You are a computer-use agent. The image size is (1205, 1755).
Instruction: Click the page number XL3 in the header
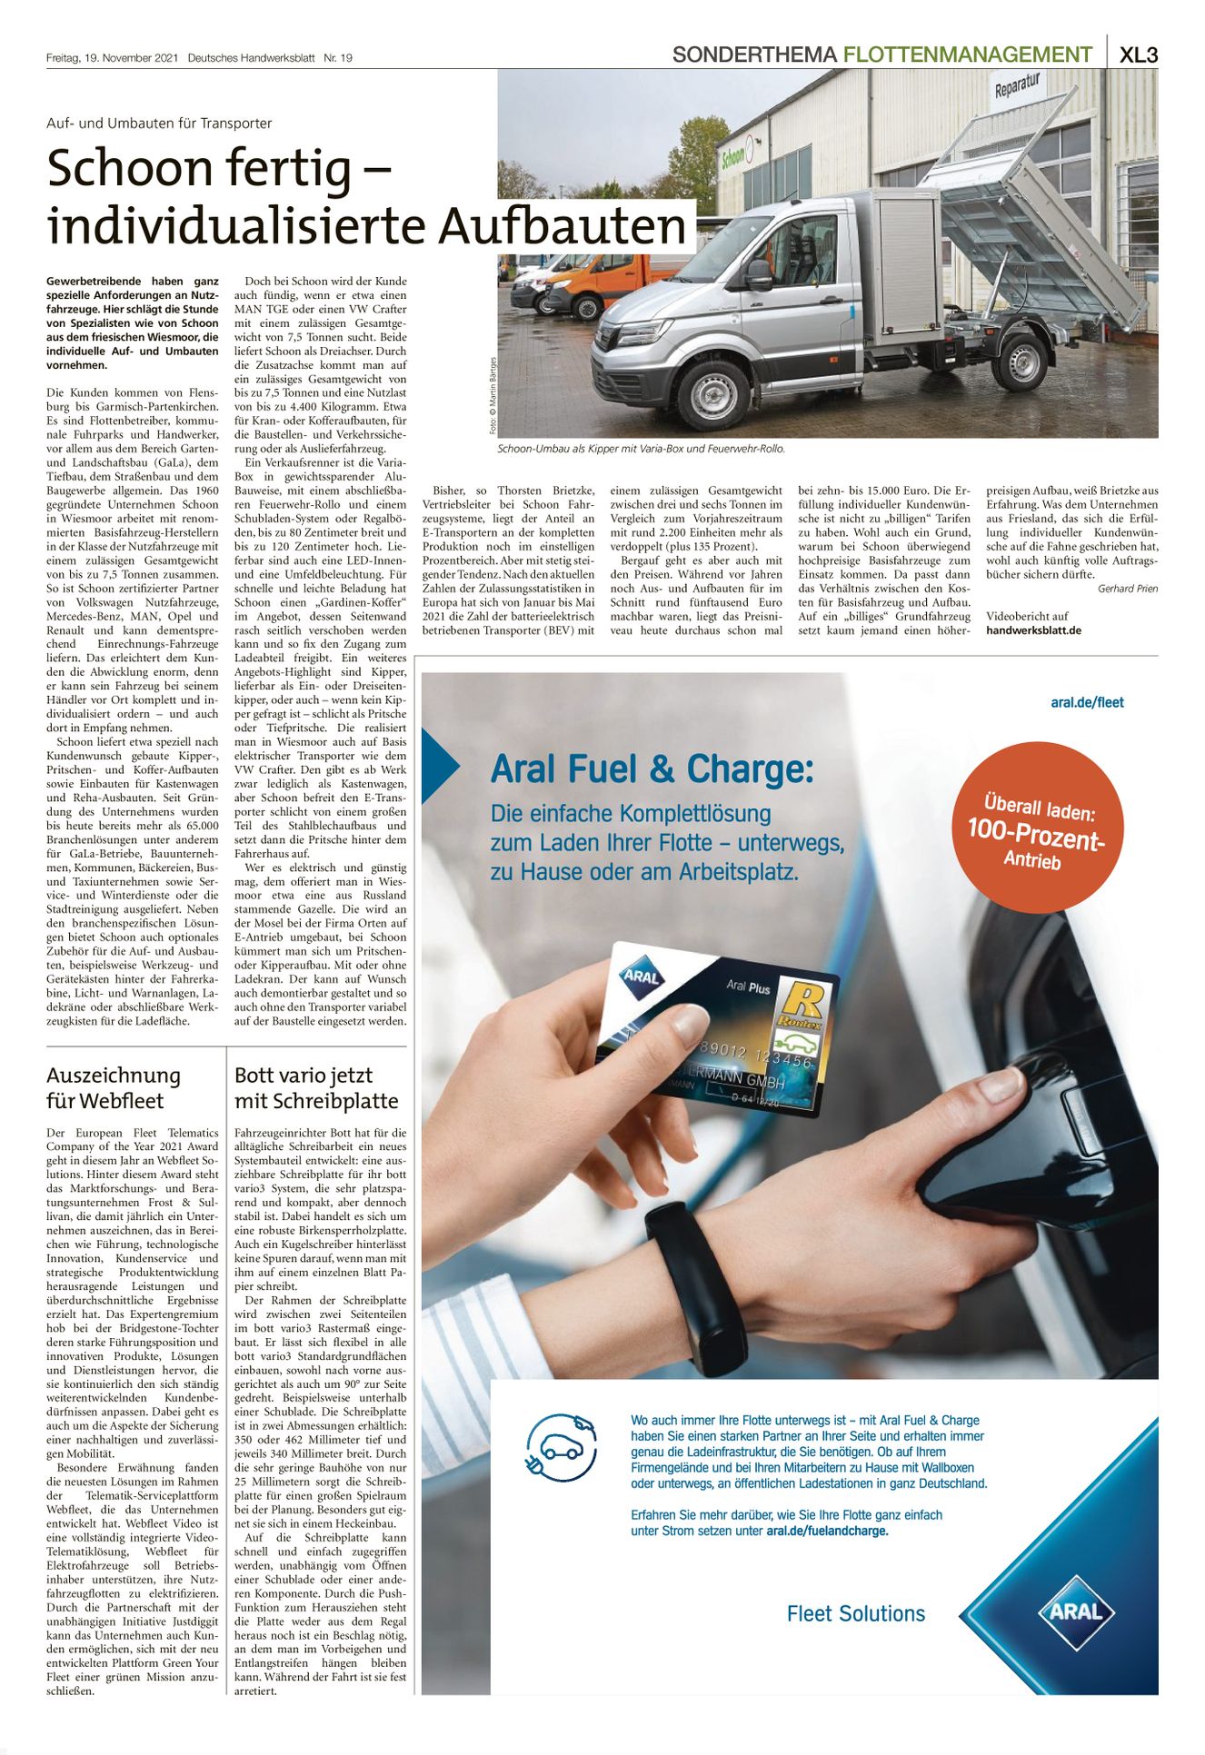[x=1138, y=55]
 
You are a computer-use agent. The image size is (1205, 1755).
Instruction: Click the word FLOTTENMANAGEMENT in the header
[x=967, y=55]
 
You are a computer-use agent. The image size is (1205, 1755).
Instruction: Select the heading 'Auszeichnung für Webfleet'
[x=114, y=1088]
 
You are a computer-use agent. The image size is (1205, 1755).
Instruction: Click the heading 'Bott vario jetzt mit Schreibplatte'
[x=316, y=1088]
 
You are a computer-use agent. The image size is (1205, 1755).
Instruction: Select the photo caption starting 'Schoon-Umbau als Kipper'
[x=641, y=449]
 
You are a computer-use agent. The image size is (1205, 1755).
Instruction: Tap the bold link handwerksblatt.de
[x=1033, y=630]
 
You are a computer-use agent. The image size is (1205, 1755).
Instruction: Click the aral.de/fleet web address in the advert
[x=1087, y=702]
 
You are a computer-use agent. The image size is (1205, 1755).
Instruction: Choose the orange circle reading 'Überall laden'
[x=1038, y=828]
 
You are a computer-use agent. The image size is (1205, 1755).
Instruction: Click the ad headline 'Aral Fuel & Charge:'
[x=652, y=769]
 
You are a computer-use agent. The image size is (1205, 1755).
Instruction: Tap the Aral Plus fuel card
[x=717, y=1030]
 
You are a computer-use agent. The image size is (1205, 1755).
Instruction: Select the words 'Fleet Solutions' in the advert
[x=855, y=1613]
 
